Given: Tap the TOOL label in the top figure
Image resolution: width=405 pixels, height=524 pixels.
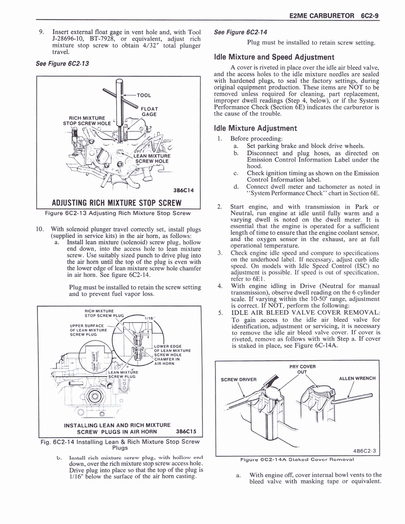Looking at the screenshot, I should coord(144,95).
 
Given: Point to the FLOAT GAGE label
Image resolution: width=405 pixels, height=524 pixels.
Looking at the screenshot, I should coord(150,112).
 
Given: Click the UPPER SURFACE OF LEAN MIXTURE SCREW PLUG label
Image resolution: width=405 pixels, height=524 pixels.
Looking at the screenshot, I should coord(89,330).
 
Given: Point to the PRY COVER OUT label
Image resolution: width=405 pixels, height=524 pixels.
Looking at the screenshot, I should coord(302,369).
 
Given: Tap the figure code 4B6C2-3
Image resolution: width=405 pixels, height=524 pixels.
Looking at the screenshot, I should coord(364,451).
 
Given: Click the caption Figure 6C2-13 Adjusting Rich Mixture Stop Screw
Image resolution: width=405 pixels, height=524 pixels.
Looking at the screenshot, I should coord(118,212).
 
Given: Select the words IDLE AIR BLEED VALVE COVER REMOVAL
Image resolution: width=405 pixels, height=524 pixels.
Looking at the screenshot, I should coord(306,313).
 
